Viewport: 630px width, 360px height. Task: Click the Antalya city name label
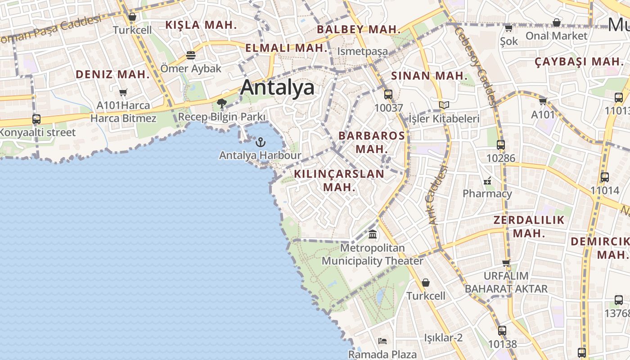[277, 87]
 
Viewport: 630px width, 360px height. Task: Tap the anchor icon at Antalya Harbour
[260, 143]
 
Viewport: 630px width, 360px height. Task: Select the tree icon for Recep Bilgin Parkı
[221, 103]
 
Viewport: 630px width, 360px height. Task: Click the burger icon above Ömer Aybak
[191, 55]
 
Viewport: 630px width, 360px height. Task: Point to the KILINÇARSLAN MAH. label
[339, 180]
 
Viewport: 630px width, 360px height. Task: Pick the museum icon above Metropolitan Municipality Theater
[373, 234]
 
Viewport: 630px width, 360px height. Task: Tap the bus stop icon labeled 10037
[388, 94]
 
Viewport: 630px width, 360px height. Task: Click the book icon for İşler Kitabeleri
[444, 105]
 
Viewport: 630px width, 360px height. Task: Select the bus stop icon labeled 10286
[500, 145]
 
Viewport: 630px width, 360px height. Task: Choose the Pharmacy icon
[487, 181]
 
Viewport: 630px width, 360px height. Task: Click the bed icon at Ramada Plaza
[382, 341]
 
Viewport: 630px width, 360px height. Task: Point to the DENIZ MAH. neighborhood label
[112, 75]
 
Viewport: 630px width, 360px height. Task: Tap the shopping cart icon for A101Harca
[123, 93]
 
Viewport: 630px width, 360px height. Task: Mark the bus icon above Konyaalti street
[36, 119]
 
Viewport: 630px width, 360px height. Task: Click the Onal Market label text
[556, 36]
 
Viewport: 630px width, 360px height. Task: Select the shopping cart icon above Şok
[508, 28]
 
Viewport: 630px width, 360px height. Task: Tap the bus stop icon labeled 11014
[605, 177]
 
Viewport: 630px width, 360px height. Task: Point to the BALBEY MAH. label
[359, 30]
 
